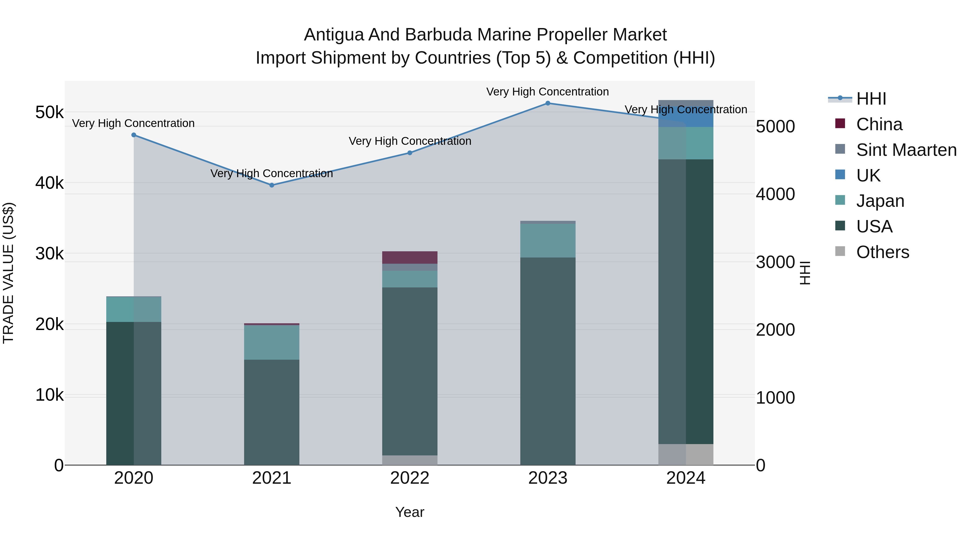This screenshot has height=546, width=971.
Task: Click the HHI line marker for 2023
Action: coord(548,103)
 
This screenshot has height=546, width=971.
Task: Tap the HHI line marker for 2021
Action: coord(272,185)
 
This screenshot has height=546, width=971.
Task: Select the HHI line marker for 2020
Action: coord(134,135)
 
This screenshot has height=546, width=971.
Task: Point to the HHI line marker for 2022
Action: coord(410,153)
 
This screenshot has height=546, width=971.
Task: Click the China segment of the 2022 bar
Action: coord(410,257)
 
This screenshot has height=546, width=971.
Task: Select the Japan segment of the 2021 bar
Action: coord(272,342)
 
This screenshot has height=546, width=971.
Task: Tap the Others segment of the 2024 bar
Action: coord(686,454)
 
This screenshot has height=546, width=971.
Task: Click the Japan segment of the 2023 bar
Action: coord(548,241)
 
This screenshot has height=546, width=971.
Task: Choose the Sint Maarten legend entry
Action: coord(906,150)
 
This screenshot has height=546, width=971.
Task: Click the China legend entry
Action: coord(879,124)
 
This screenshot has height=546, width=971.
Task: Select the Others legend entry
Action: coord(883,252)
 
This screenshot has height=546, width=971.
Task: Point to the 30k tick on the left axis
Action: coord(49,254)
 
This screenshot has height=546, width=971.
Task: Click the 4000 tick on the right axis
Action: coord(775,194)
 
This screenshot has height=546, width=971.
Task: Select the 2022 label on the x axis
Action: coord(410,478)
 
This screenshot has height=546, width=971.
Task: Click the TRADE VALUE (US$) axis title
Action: coord(8,273)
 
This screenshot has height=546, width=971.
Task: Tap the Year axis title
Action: coord(410,512)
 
